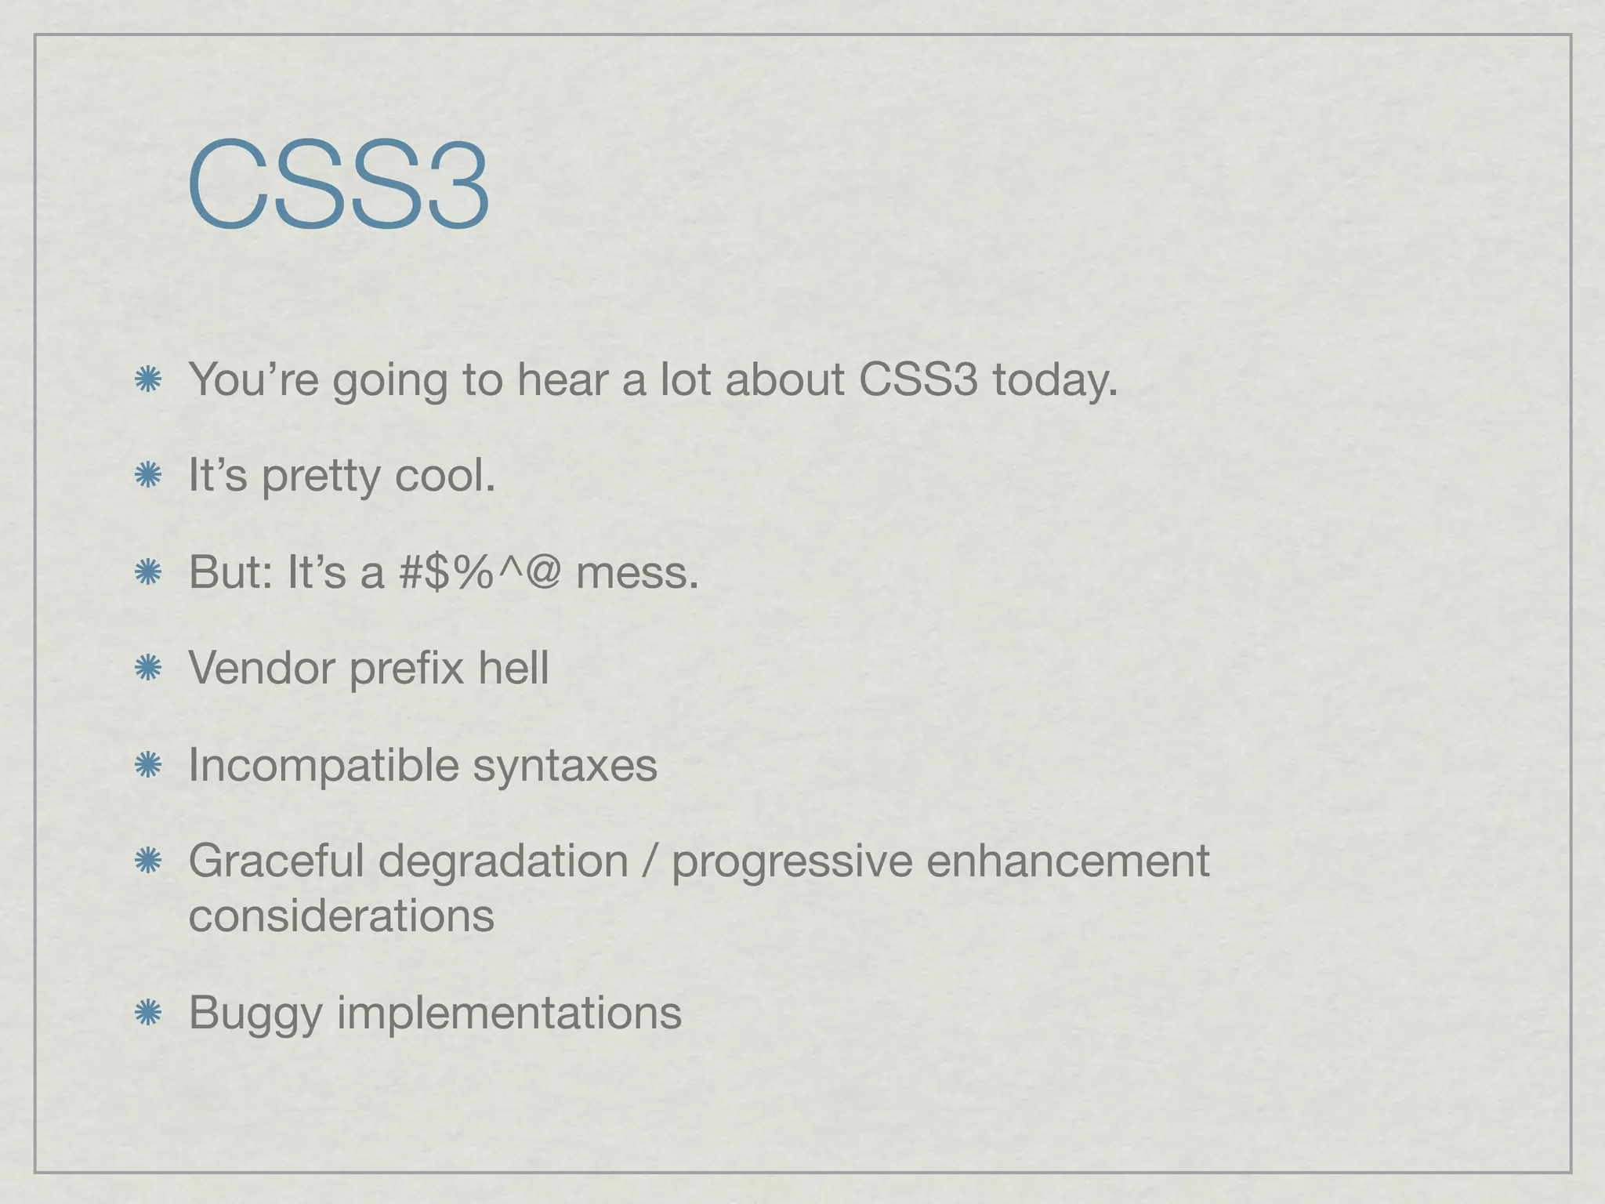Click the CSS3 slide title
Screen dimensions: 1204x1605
[339, 187]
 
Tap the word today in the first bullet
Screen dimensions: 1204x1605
[1054, 380]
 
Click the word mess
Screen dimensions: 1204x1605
[636, 574]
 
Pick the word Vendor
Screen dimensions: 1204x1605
[262, 669]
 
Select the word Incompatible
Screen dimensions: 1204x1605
[323, 766]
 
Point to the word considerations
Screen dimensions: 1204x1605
[342, 916]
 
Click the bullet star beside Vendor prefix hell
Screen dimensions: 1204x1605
[147, 669]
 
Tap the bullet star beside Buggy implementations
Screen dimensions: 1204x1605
[147, 1013]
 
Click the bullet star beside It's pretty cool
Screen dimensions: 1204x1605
[147, 475]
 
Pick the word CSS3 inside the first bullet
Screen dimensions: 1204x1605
[918, 380]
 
